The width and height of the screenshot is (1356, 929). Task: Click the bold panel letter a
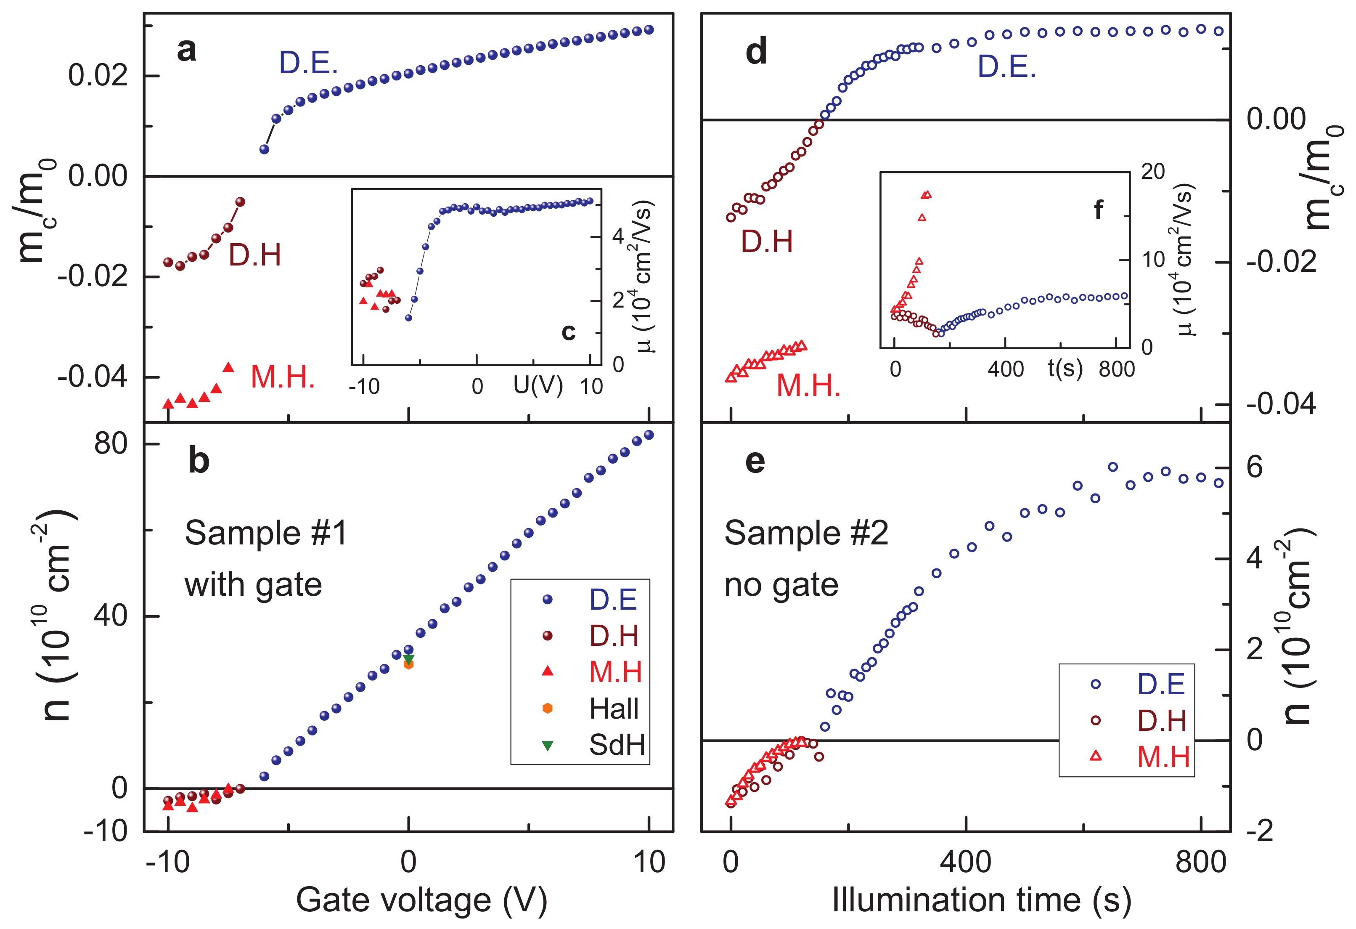(186, 50)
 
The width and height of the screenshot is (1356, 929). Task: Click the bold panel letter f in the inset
(1098, 210)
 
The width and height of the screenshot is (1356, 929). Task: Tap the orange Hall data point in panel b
(408, 665)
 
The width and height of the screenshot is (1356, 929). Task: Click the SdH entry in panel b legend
(617, 745)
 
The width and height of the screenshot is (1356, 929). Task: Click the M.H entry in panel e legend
(1163, 757)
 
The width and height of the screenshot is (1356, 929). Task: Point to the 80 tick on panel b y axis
(111, 444)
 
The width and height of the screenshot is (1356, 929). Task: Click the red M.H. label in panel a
(282, 377)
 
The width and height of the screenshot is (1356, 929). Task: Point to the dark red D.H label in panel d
(767, 242)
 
